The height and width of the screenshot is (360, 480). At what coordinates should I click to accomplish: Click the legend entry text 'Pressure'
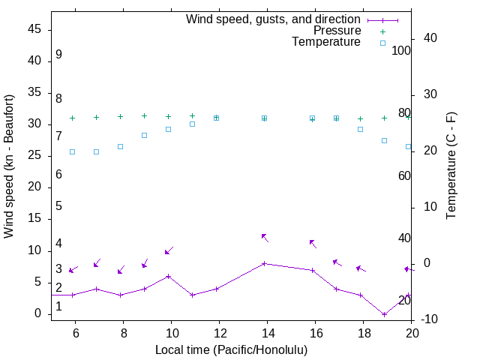[336, 31]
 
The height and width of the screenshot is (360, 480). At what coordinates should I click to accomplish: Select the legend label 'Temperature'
[326, 43]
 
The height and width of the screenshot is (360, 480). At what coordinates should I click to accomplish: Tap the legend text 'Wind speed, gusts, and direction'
[273, 19]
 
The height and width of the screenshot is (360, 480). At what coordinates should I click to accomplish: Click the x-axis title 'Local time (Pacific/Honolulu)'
[231, 349]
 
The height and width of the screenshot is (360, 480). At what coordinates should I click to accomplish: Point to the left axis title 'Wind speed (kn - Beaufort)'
[9, 166]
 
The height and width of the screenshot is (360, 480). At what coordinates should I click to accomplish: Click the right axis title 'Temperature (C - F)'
[451, 166]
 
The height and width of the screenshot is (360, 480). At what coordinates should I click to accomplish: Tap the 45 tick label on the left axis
[34, 29]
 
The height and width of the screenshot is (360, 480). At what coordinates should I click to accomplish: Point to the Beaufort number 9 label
[58, 55]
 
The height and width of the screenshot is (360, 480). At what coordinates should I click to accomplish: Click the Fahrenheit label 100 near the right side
[401, 50]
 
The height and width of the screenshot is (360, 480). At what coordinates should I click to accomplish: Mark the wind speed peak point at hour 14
[264, 263]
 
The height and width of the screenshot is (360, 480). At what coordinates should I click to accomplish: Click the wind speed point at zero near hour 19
[384, 314]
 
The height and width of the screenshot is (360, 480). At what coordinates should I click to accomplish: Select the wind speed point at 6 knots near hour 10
[168, 276]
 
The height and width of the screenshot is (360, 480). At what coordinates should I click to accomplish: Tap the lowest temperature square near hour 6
[72, 151]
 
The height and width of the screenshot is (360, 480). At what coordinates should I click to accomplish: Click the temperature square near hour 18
[360, 129]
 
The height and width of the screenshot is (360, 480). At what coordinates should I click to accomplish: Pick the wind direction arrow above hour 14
[265, 237]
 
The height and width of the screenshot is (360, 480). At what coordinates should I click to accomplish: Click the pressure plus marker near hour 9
[144, 116]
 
